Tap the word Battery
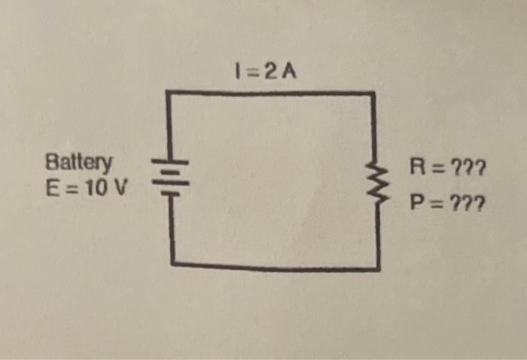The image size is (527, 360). tap(79, 163)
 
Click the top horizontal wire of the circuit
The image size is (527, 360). tap(271, 93)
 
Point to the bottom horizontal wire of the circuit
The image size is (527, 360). tap(275, 266)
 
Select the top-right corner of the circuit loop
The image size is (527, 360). tap(373, 94)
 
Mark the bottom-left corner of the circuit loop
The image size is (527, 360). tap(173, 264)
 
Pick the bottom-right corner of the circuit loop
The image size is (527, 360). tap(378, 268)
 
